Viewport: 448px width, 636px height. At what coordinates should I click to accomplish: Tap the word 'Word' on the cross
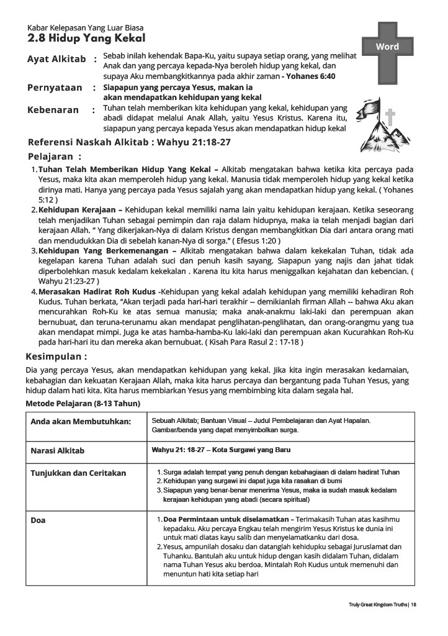click(x=388, y=47)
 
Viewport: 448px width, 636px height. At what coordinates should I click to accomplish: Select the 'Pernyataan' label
click(x=55, y=88)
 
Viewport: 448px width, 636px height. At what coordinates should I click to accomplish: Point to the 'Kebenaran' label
click(x=53, y=110)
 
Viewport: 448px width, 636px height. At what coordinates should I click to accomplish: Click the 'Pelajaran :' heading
click(x=55, y=157)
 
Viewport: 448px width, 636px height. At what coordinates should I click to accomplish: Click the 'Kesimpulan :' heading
click(x=56, y=357)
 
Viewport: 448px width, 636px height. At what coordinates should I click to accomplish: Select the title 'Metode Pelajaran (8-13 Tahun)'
click(x=83, y=404)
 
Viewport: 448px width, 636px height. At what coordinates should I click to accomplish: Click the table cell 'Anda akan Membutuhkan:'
click(x=81, y=422)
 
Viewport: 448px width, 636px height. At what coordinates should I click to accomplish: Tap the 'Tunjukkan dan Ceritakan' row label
click(x=78, y=473)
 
